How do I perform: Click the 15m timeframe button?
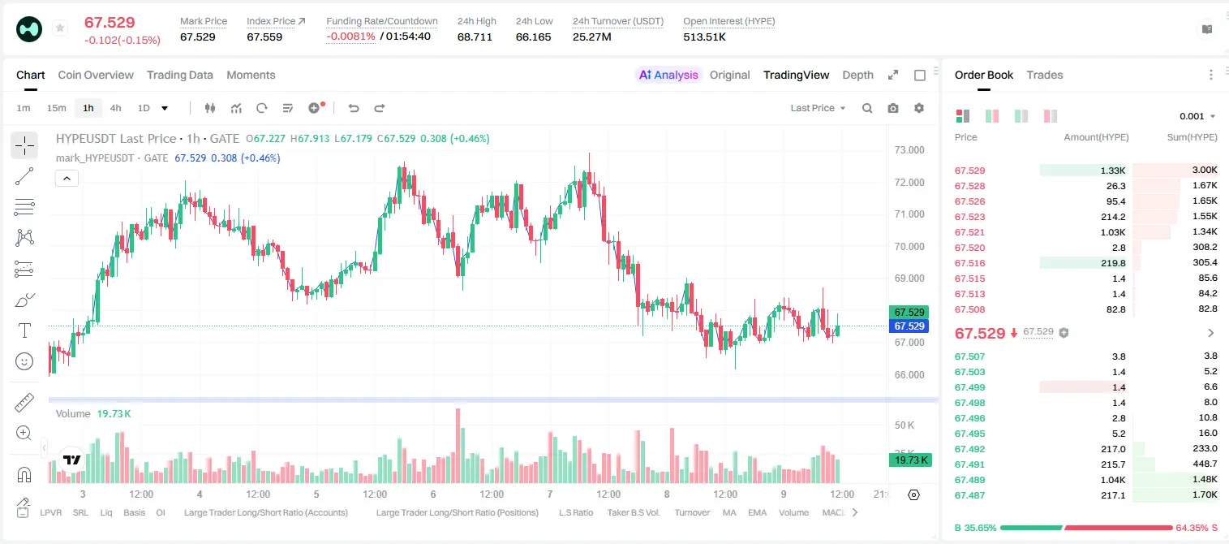coord(57,108)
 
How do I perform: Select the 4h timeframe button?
coord(115,108)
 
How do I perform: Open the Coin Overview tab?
coord(96,75)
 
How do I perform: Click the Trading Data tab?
coord(179,75)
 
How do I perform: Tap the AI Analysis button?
coord(668,75)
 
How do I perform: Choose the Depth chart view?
coord(857,75)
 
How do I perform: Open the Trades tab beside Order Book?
coord(1045,75)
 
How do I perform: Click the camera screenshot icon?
coord(893,108)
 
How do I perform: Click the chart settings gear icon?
coord(919,108)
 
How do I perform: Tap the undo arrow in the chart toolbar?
coord(354,108)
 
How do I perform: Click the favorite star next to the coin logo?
coord(60,28)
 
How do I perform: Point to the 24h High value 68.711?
coord(475,37)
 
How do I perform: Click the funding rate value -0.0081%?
coord(350,37)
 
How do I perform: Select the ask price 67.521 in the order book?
coord(969,232)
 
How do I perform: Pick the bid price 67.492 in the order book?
coord(969,448)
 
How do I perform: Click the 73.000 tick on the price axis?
coord(909,150)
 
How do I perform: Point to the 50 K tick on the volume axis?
coord(905,425)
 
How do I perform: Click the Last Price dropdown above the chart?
coord(818,108)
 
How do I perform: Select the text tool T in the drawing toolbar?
coord(24,330)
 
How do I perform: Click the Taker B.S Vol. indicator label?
coord(633,512)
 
